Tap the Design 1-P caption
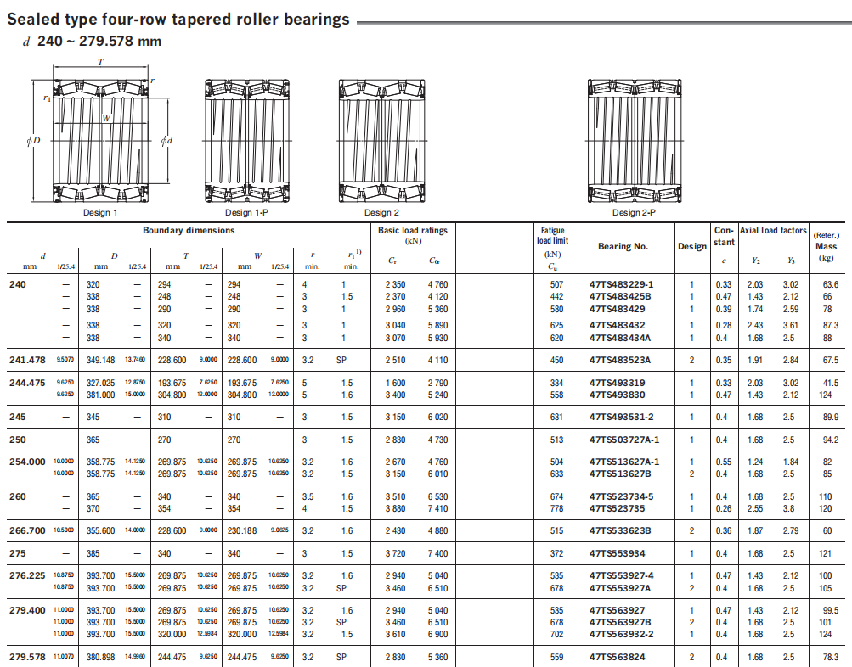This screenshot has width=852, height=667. tap(247, 212)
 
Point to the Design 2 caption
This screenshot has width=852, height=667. tap(381, 212)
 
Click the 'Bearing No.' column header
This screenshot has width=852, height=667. tap(623, 246)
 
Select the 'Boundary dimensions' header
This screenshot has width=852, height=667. tap(189, 231)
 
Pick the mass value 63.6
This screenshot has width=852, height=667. tap(830, 284)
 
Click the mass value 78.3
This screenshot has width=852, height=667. tap(830, 657)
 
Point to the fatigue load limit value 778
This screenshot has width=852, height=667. tap(556, 509)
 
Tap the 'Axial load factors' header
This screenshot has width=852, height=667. tap(772, 231)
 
